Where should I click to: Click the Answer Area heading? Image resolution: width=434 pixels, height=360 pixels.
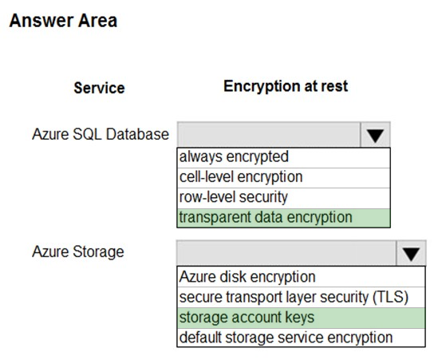click(x=63, y=21)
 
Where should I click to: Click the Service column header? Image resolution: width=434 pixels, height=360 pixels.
click(x=100, y=88)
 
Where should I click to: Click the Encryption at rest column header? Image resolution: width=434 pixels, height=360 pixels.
click(x=286, y=86)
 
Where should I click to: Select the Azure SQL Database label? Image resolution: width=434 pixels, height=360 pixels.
click(x=101, y=134)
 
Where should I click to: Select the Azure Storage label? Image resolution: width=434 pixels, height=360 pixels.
click(x=78, y=252)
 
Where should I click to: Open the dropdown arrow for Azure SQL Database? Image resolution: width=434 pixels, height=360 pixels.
click(x=375, y=135)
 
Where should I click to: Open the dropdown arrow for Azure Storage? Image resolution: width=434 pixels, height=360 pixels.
click(x=411, y=253)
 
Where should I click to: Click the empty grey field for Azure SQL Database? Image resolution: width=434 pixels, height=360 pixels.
click(x=269, y=135)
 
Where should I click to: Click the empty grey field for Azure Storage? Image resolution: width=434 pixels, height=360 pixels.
click(x=286, y=253)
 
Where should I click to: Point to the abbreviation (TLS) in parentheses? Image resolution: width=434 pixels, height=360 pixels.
click(x=391, y=297)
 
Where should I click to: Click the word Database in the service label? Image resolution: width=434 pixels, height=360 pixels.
click(x=137, y=134)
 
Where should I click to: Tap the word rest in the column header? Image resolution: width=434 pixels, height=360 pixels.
click(x=334, y=86)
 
